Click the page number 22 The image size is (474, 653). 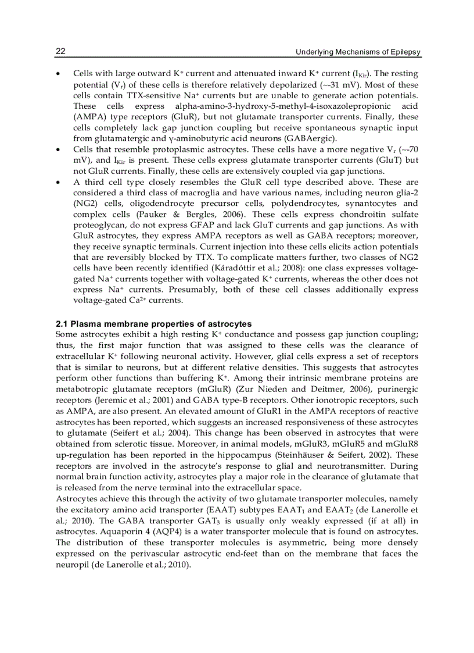point(60,52)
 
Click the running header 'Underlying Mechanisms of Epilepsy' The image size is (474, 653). point(358,52)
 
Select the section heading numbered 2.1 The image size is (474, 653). point(153,323)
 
